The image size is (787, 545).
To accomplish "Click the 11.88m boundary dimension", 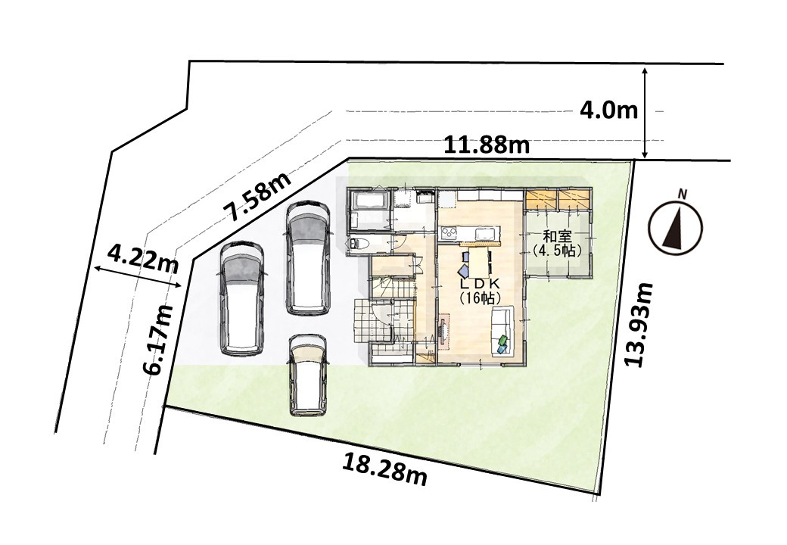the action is coord(487,145).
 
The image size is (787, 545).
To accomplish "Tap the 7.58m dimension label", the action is coord(259,197).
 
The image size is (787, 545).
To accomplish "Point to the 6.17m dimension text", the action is coord(157,340).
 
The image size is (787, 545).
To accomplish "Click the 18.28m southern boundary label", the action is coord(384,469).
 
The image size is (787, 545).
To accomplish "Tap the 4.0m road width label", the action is coord(608,111).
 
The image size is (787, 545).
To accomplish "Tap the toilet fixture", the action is coord(360,244).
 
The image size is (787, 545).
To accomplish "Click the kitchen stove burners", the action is coord(448,232).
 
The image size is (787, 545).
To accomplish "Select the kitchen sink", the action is coord(483,233).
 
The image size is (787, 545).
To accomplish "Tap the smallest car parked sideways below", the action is coord(308,375).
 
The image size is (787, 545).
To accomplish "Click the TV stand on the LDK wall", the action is coord(443,331).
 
